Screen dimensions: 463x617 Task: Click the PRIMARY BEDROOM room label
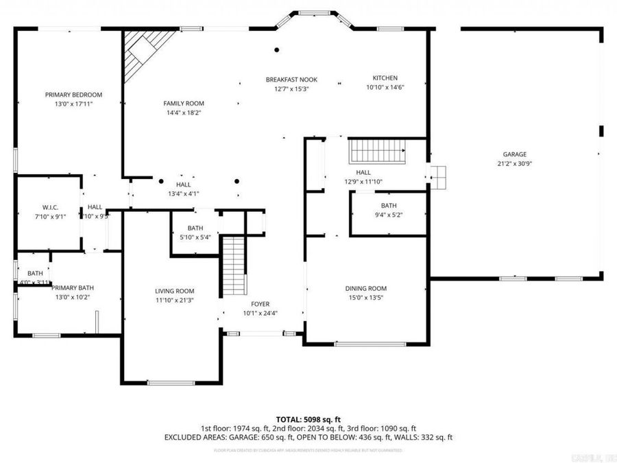click(x=73, y=95)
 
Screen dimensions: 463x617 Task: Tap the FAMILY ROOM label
click(x=183, y=103)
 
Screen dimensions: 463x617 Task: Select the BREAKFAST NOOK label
click(x=291, y=80)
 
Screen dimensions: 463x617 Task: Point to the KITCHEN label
click(x=385, y=78)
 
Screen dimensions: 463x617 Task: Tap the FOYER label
click(x=260, y=304)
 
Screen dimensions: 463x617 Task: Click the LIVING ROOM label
click(x=174, y=291)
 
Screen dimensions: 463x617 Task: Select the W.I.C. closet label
click(x=49, y=207)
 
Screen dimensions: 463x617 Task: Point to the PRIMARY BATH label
click(x=74, y=288)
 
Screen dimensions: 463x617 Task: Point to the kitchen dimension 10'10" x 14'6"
click(x=385, y=88)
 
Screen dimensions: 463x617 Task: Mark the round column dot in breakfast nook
click(x=277, y=49)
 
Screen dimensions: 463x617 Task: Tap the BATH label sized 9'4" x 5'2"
click(x=389, y=206)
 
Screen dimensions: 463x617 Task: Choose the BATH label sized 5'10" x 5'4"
click(x=195, y=228)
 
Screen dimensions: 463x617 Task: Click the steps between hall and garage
click(x=438, y=177)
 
